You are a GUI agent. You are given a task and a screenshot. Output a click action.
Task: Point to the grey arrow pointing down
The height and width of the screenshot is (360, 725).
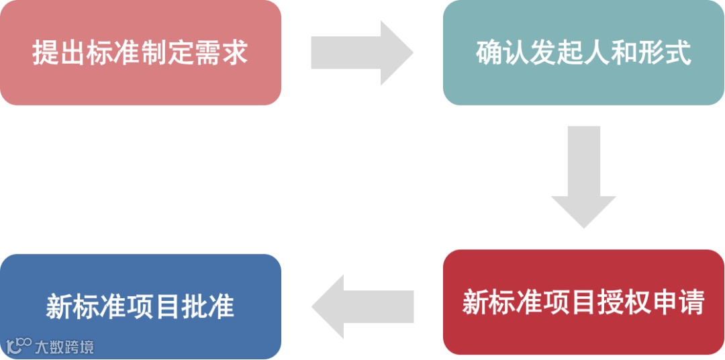[583, 176]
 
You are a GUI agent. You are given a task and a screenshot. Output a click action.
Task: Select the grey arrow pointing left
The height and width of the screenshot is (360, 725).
[362, 306]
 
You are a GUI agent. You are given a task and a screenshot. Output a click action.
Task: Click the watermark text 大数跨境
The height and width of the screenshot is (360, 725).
[64, 347]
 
